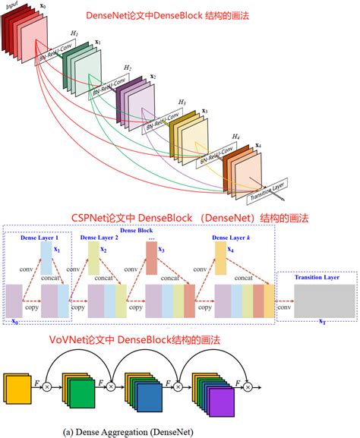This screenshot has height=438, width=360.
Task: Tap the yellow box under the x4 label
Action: (220, 259)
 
